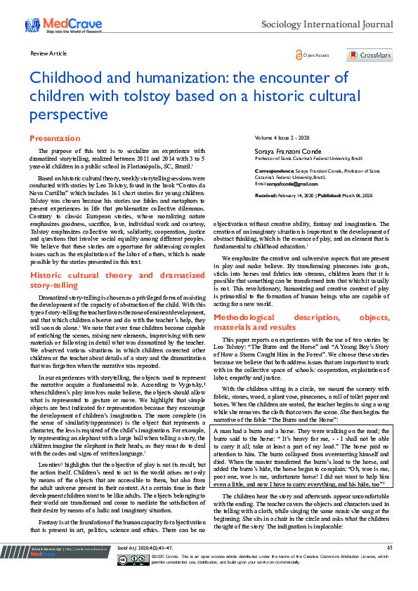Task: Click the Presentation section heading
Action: click(55, 139)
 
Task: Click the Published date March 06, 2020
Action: click(359, 195)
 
